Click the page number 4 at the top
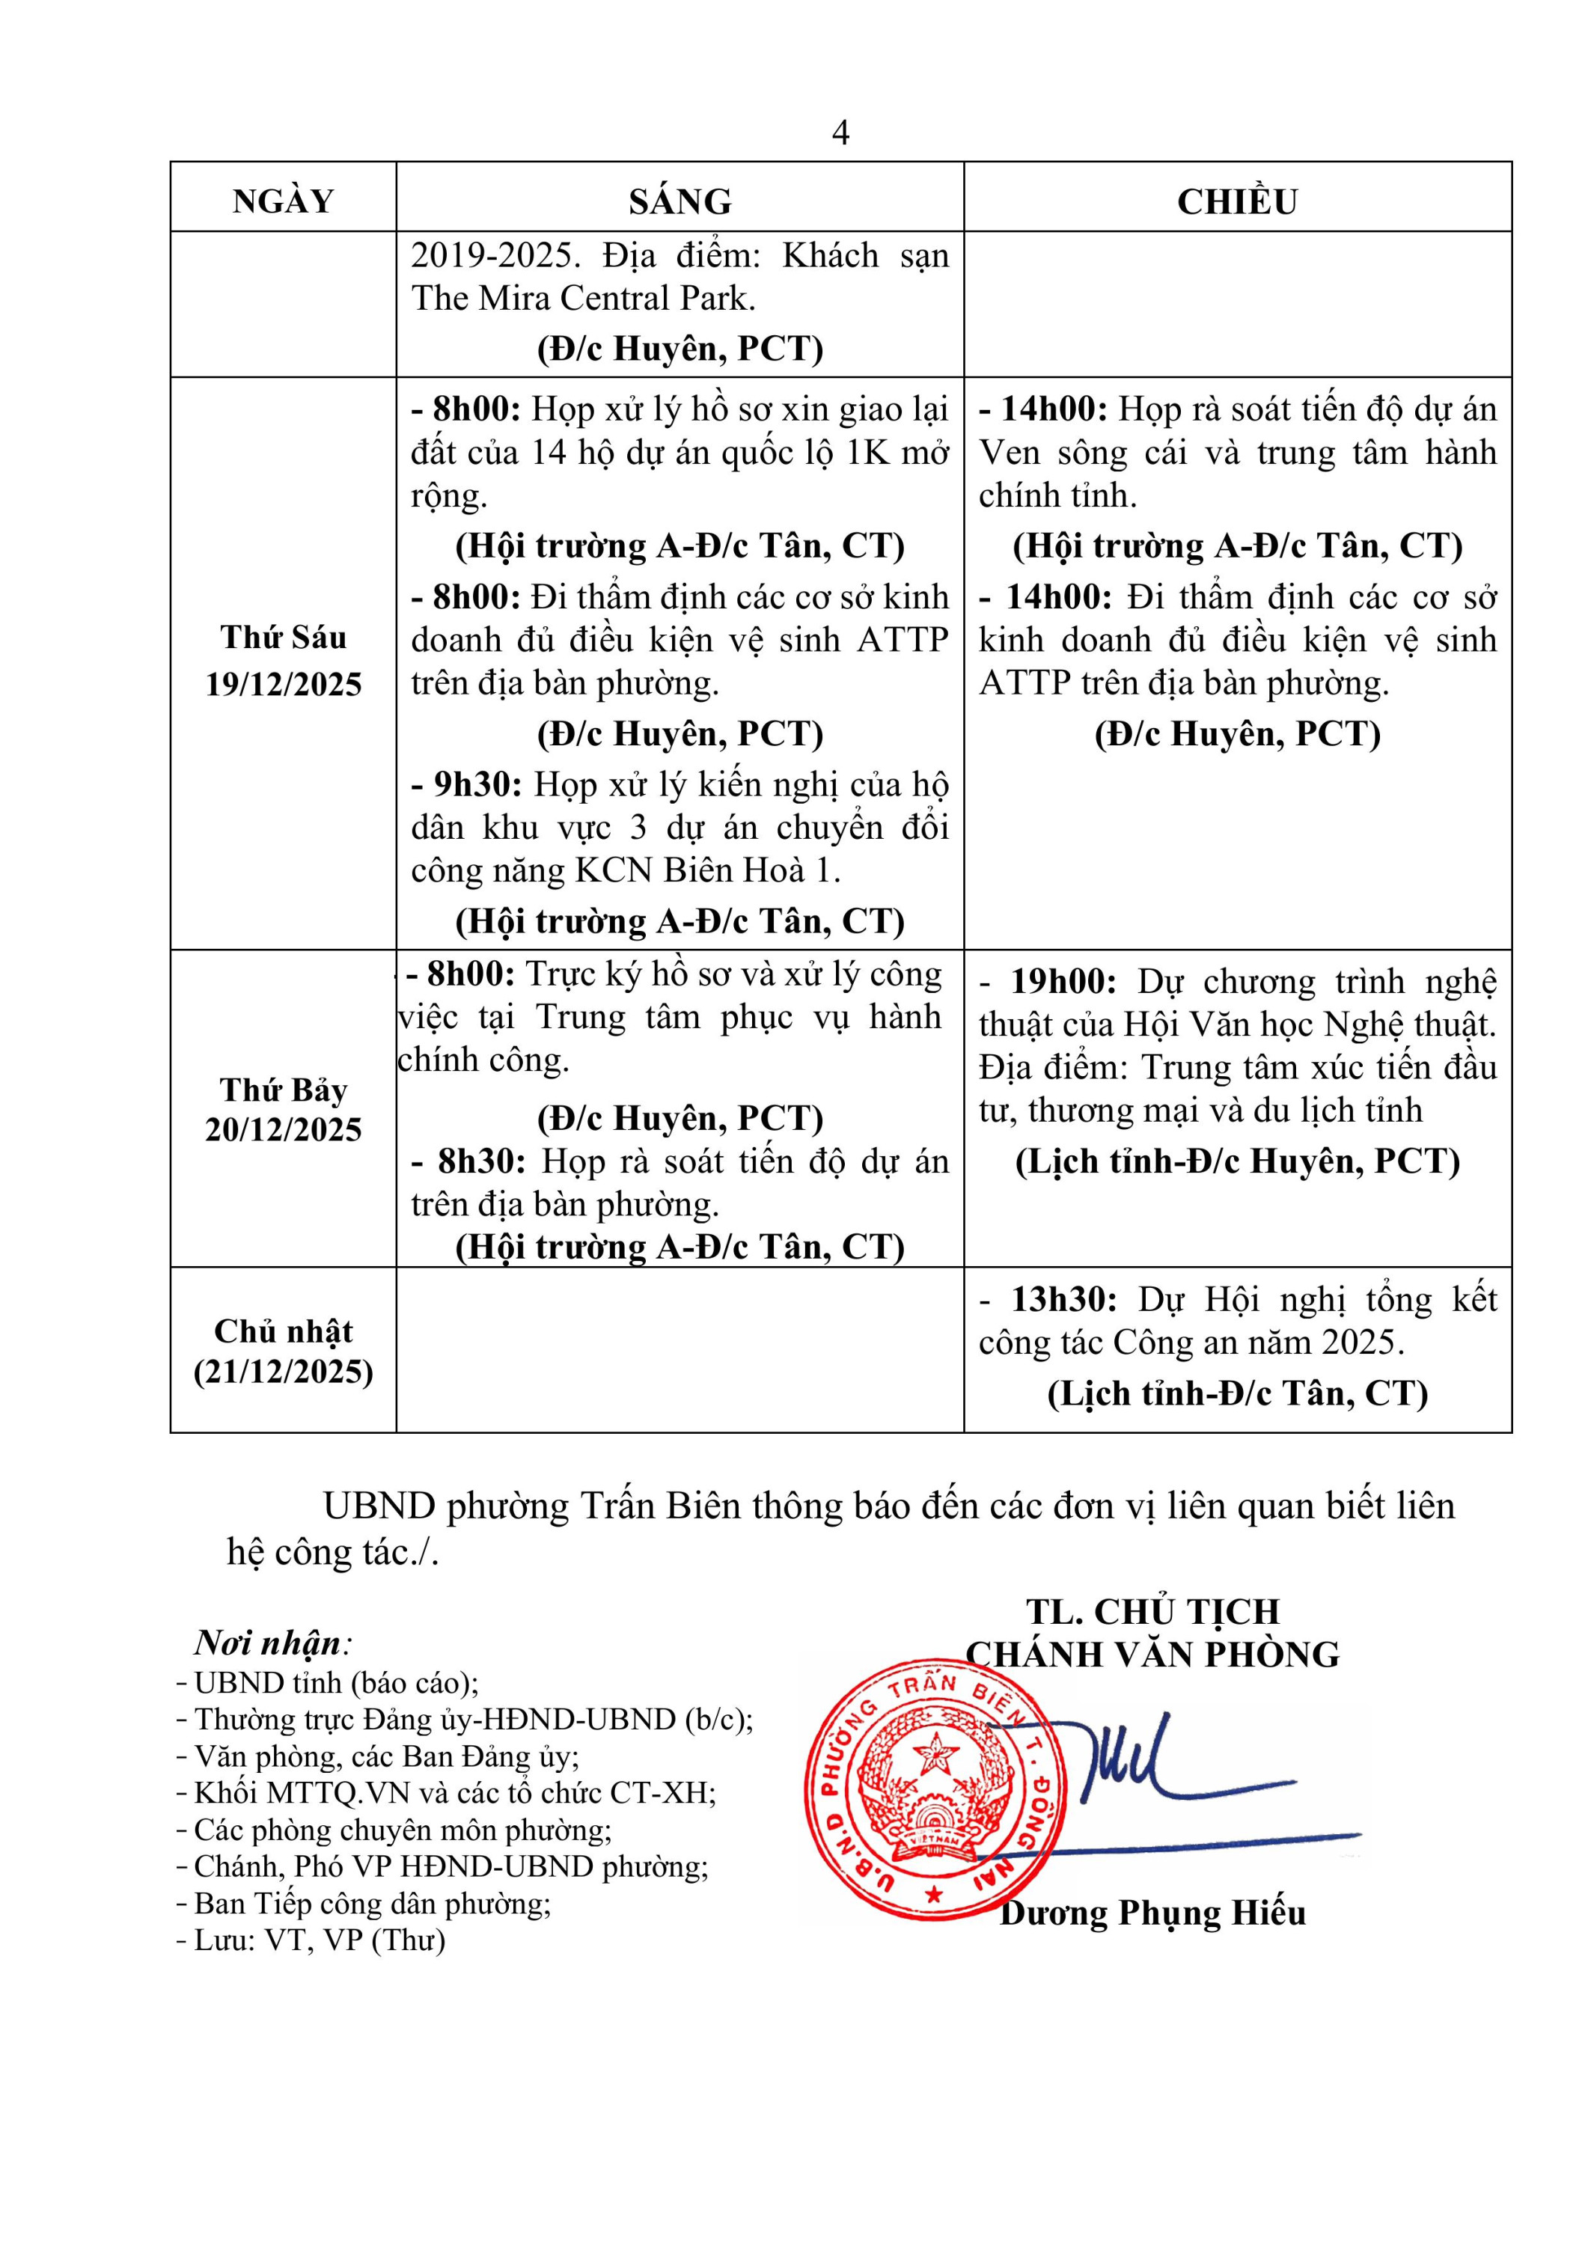tap(840, 133)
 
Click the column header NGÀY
tap(283, 201)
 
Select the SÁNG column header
tap(680, 201)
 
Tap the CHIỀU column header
tap(1237, 201)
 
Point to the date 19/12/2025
tap(283, 685)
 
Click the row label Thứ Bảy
tap(283, 1090)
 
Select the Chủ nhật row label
tap(283, 1332)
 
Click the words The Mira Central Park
tap(583, 299)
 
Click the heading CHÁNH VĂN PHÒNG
tap(1152, 1655)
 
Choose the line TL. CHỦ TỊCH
tap(1152, 1611)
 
